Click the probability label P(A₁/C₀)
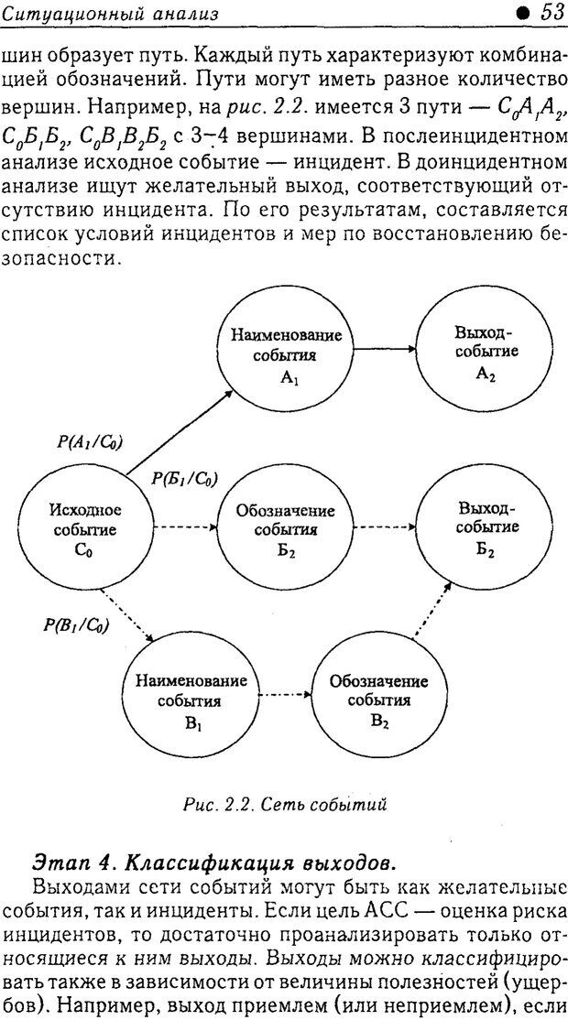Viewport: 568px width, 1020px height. click(91, 442)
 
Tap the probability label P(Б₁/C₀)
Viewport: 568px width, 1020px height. click(184, 479)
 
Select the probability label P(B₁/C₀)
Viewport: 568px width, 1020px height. click(77, 626)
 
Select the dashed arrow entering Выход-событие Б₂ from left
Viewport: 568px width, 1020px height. click(384, 528)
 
